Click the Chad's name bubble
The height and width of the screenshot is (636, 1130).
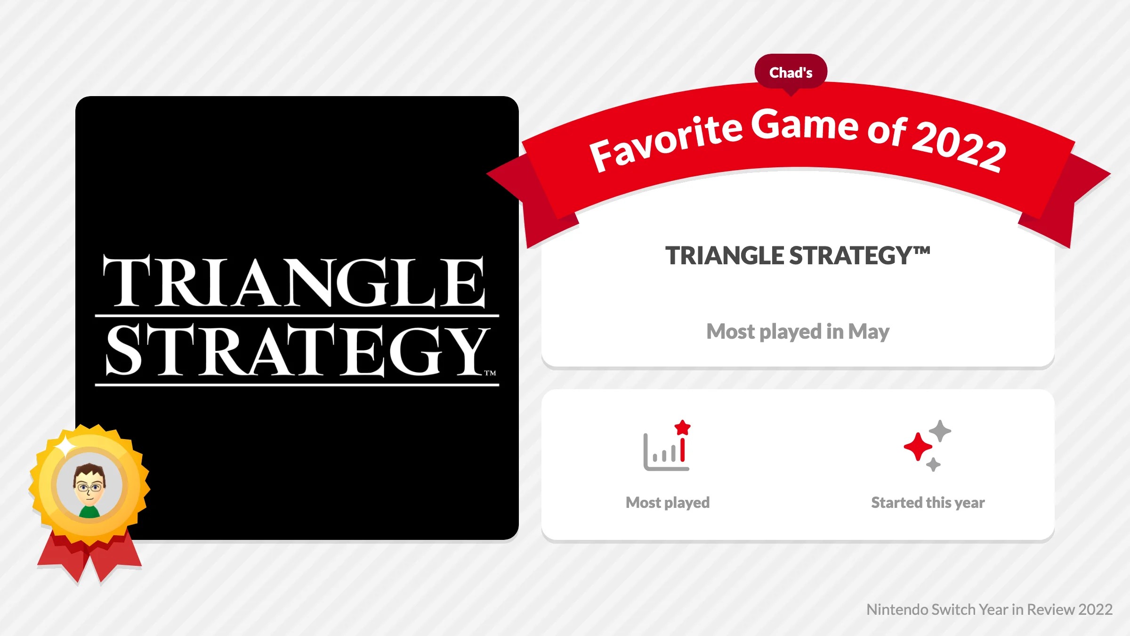point(791,72)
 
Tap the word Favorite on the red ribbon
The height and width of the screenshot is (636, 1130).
point(665,139)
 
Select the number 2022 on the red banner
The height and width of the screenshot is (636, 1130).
point(959,147)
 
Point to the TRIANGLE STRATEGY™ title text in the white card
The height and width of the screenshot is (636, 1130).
point(797,256)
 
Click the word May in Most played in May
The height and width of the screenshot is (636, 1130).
point(868,332)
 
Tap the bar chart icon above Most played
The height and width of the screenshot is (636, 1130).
point(665,452)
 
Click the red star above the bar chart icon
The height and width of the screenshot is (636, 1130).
point(682,428)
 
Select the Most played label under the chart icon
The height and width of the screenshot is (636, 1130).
point(667,503)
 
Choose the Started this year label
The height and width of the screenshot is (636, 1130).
point(928,503)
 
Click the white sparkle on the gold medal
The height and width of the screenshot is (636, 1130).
point(66,446)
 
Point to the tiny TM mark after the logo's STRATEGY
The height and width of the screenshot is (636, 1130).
point(490,373)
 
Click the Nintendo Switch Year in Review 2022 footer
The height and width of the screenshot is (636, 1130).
point(989,610)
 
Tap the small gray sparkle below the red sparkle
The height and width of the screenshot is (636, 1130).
point(933,465)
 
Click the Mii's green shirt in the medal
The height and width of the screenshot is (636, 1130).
point(89,512)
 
